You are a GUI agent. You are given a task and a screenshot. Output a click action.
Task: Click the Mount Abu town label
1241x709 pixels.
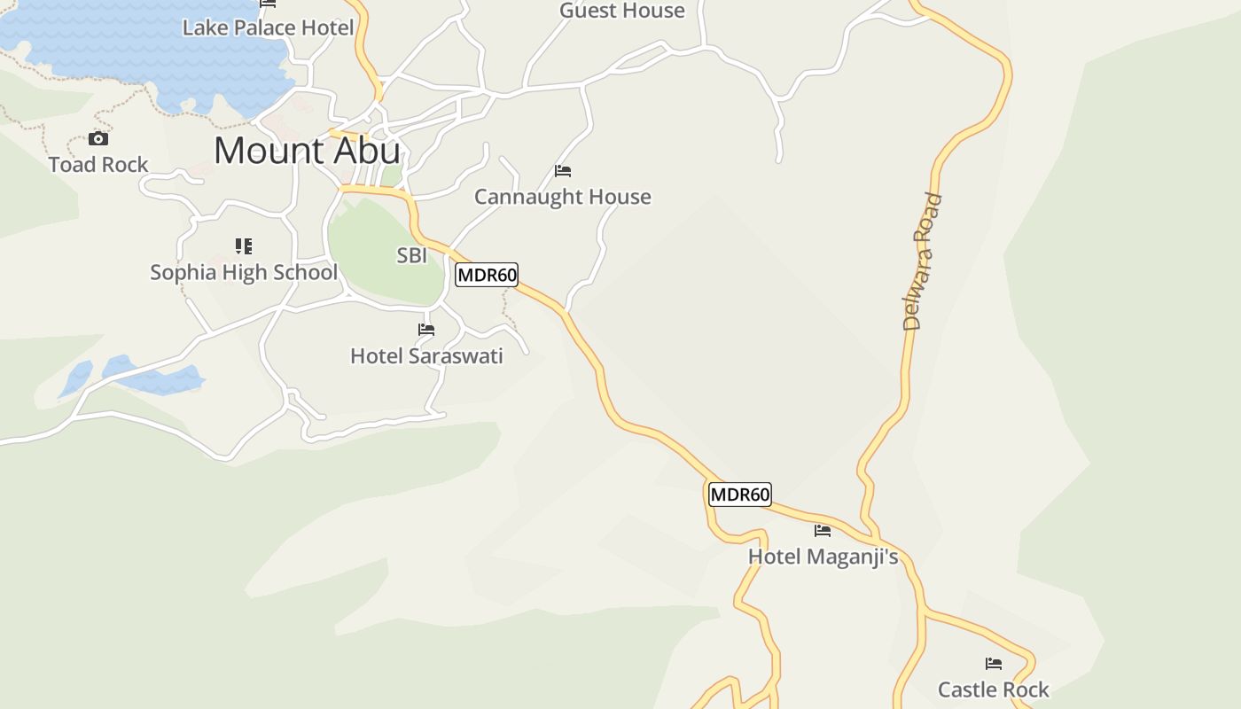(x=307, y=151)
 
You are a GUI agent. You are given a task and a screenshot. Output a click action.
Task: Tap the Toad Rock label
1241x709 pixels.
(x=98, y=164)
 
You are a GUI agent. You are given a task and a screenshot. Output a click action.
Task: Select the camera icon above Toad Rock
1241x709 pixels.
(x=98, y=139)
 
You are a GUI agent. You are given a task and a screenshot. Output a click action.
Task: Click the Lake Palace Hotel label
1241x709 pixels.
(x=268, y=27)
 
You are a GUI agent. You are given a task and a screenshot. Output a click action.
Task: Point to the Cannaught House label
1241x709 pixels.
(x=562, y=197)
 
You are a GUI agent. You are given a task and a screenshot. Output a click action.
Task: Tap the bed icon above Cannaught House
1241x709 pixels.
(x=563, y=171)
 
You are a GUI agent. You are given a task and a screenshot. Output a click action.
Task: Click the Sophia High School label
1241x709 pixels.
(x=244, y=272)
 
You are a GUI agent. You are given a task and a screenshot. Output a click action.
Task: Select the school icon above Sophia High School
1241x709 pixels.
(x=244, y=246)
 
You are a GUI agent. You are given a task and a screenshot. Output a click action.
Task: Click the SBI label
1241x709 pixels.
(x=412, y=256)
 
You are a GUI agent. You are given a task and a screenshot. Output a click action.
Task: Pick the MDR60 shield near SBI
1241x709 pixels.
(x=487, y=275)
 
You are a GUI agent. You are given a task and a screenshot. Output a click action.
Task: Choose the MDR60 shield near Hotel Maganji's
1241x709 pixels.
(x=740, y=495)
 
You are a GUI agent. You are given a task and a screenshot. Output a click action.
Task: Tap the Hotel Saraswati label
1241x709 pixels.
(x=426, y=356)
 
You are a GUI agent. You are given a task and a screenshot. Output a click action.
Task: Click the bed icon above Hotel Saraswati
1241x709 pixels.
(x=426, y=330)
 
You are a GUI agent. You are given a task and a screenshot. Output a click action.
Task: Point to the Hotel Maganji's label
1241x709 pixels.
(x=823, y=557)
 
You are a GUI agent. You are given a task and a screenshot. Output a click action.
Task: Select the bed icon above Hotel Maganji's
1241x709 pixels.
(x=823, y=531)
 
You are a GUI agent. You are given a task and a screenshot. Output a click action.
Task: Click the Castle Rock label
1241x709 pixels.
(x=993, y=690)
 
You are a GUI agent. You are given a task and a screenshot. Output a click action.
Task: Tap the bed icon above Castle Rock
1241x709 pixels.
(x=994, y=664)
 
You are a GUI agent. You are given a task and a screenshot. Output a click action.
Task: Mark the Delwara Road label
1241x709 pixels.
(x=923, y=261)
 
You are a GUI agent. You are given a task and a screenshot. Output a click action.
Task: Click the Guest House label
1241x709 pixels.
(x=621, y=11)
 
